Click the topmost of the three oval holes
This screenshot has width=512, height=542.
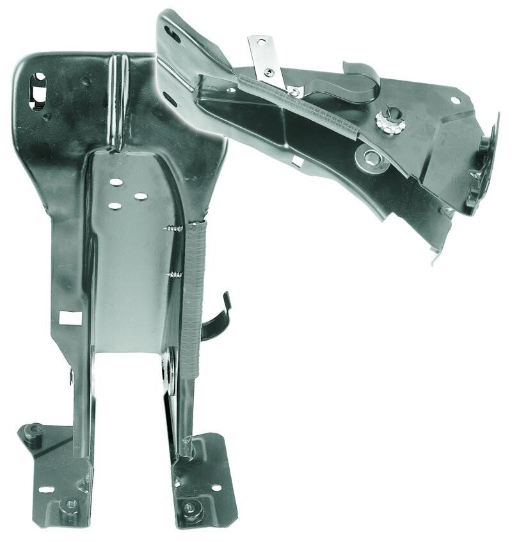[x=116, y=182]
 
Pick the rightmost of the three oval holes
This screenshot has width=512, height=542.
[x=141, y=196]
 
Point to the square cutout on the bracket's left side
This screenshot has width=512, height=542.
[x=70, y=318]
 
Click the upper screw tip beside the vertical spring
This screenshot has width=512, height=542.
[x=173, y=228]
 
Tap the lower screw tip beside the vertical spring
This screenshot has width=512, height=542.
[x=175, y=275]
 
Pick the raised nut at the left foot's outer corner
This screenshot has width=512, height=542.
[x=33, y=433]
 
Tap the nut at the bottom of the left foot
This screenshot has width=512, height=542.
[x=70, y=506]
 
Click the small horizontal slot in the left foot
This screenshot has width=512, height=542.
[x=47, y=490]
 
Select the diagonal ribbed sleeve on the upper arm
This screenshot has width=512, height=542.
[x=301, y=107]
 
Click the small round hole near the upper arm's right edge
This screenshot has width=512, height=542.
[x=455, y=100]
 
